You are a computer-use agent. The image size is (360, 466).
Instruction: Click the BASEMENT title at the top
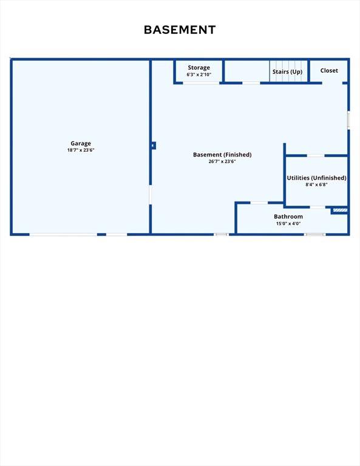(x=180, y=30)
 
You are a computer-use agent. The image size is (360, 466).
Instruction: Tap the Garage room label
(x=81, y=144)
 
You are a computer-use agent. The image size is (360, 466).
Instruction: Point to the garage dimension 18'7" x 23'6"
(x=81, y=150)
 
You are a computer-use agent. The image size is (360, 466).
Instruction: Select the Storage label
(x=199, y=68)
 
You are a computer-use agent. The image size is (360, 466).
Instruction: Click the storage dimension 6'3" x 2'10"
(x=199, y=75)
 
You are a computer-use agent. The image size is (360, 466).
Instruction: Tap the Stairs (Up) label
(x=288, y=72)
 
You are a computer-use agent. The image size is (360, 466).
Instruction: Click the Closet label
(x=329, y=70)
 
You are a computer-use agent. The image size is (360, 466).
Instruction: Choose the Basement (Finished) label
(x=222, y=155)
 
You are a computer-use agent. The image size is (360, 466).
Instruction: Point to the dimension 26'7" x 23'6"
(x=222, y=161)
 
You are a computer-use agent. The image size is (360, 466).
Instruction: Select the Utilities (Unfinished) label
(x=317, y=178)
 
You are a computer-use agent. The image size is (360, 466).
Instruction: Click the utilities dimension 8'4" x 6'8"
(x=317, y=184)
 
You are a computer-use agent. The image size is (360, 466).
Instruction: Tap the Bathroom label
(x=288, y=217)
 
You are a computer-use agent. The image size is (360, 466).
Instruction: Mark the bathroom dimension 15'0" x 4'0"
(x=288, y=223)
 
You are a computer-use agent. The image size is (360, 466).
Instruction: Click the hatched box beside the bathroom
(x=340, y=210)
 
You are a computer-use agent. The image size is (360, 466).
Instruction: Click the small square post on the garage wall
(x=154, y=146)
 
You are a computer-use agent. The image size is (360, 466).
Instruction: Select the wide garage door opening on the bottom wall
(x=63, y=235)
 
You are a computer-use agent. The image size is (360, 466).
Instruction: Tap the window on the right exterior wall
(x=348, y=120)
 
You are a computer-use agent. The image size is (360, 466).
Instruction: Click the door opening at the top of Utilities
(x=316, y=155)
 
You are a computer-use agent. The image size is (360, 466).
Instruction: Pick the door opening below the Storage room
(x=201, y=83)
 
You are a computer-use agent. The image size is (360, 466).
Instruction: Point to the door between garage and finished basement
(x=151, y=195)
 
